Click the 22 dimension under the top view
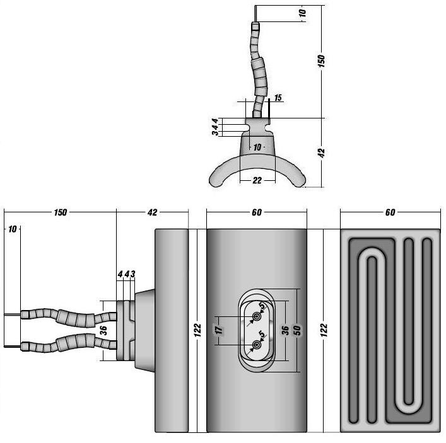coord(257,181)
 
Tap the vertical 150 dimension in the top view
coord(321,60)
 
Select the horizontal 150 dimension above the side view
coord(60,213)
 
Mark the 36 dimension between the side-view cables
coord(104,329)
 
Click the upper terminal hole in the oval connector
coord(257,316)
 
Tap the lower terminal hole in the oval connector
coord(257,344)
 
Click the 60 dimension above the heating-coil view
coord(390,213)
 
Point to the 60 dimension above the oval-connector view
coord(256,213)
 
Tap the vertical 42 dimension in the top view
coord(321,152)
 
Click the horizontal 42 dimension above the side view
coord(152,213)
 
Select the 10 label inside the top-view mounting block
coord(256,147)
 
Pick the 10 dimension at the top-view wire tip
coord(302,13)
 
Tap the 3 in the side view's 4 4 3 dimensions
coord(133,274)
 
